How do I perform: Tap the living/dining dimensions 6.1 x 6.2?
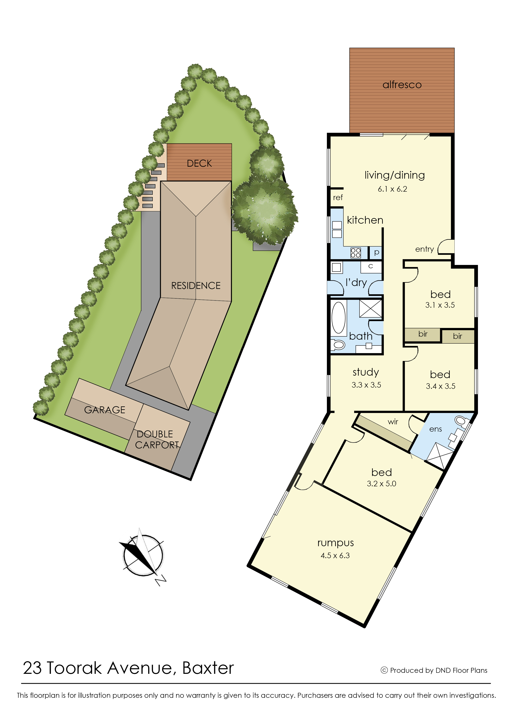[x=393, y=189]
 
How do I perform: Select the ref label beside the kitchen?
[x=338, y=197]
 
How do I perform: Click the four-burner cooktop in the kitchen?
[x=356, y=253]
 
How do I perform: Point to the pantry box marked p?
[x=376, y=252]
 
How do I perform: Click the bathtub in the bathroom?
[x=339, y=318]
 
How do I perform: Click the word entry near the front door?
[x=424, y=249]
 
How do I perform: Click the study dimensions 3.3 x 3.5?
[x=366, y=385]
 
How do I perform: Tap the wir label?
[x=393, y=422]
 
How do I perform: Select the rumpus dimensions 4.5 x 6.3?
[x=335, y=555]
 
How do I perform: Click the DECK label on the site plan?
[x=199, y=163]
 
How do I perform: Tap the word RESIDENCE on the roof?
[x=196, y=286]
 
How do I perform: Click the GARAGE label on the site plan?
[x=105, y=410]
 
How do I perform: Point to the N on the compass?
[x=161, y=580]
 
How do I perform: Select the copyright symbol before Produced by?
[x=384, y=670]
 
